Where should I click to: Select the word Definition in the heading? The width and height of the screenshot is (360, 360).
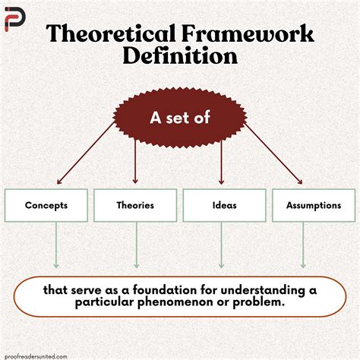click(179, 57)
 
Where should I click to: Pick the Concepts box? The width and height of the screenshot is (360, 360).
click(46, 205)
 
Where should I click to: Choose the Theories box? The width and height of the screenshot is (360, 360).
click(135, 205)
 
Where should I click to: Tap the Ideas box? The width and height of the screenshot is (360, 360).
click(225, 205)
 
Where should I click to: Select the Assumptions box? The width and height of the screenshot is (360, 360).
click(312, 205)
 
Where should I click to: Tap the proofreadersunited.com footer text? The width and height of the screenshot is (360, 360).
click(36, 355)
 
